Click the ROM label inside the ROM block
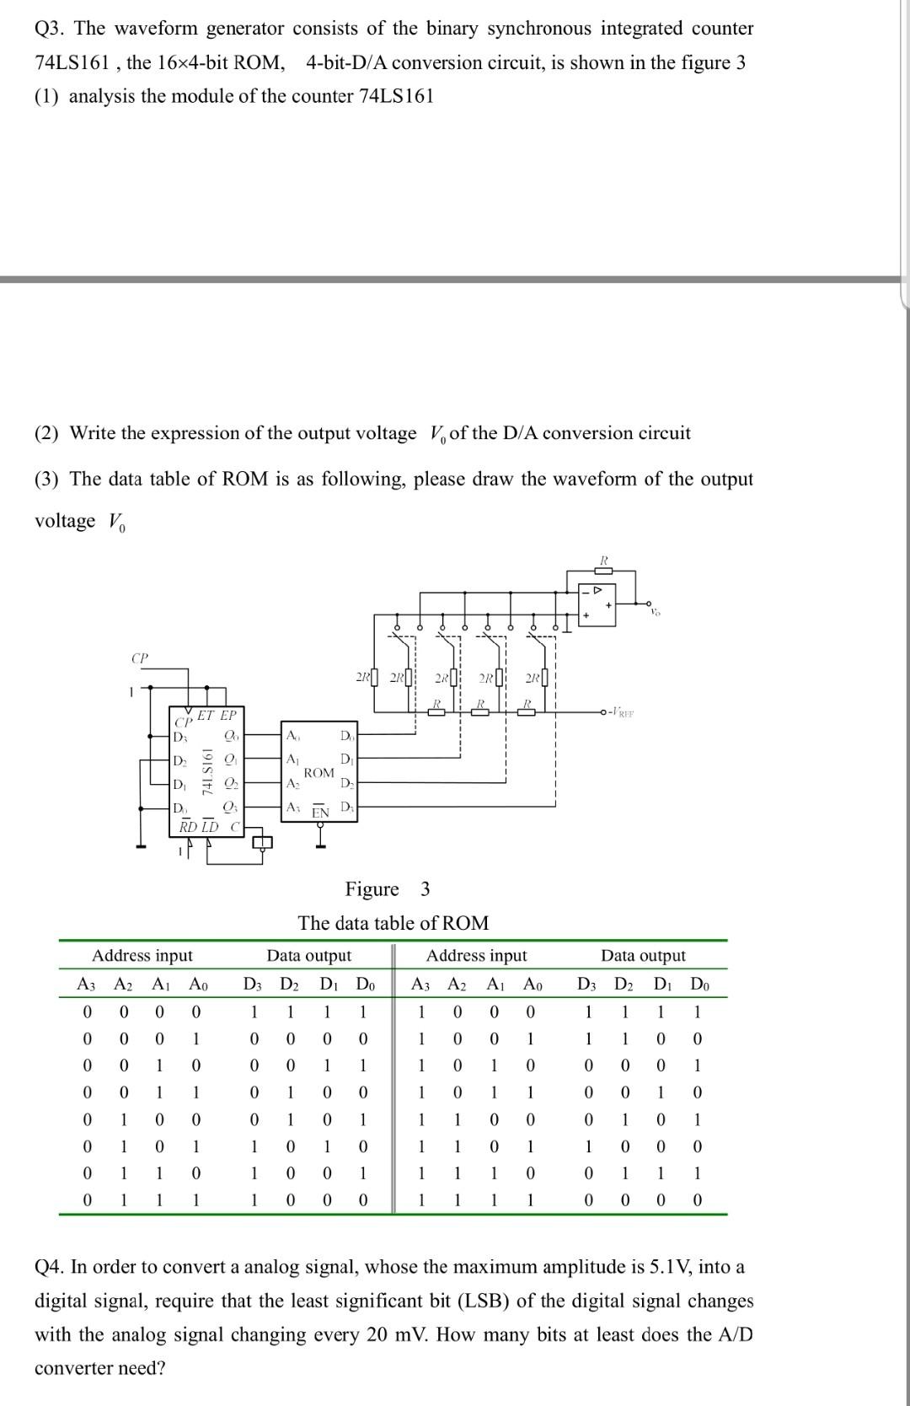click(319, 772)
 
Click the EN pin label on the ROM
click(320, 813)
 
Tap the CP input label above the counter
click(140, 657)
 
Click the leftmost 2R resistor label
click(363, 677)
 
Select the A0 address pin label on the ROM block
click(292, 736)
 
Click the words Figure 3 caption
click(388, 889)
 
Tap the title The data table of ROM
click(393, 923)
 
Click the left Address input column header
click(142, 955)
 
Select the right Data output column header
click(643, 955)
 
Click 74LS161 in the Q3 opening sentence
click(73, 62)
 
